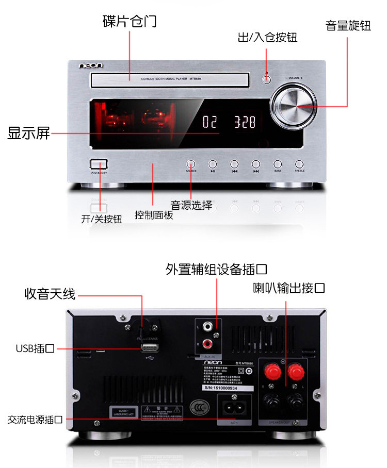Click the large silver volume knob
(294, 107)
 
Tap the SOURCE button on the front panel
(191, 164)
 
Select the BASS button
(278, 164)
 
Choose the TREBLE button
(299, 164)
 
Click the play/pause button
(213, 164)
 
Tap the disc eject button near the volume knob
(266, 79)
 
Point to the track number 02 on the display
(210, 122)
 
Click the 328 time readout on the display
(245, 122)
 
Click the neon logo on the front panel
(91, 65)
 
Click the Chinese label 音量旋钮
(348, 26)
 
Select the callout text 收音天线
(50, 294)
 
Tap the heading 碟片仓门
(130, 22)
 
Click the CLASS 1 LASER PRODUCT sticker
(122, 412)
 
